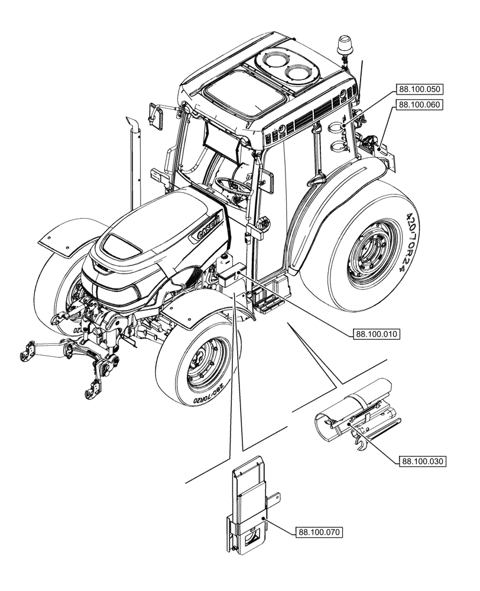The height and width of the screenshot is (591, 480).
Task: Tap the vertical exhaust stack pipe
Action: (134, 160)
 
